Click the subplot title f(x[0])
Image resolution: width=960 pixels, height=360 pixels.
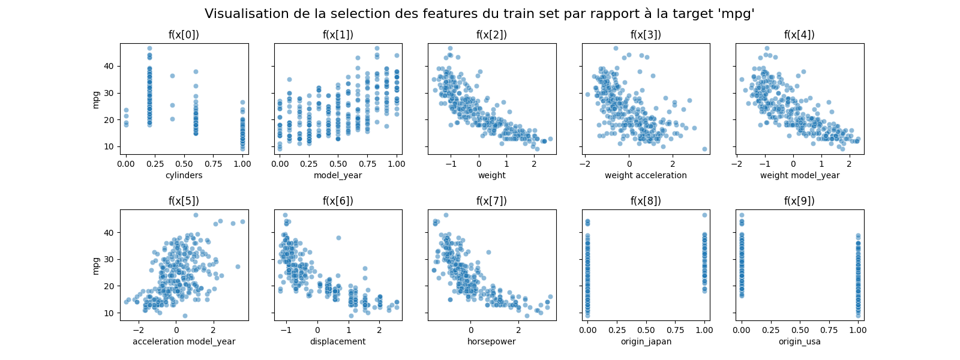184,35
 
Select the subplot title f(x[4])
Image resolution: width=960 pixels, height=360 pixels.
799,35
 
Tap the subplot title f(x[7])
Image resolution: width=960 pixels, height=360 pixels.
491,201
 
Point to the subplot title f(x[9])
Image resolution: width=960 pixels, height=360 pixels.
799,201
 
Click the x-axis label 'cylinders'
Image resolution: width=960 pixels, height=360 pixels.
184,175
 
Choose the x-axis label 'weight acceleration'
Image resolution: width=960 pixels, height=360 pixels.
646,175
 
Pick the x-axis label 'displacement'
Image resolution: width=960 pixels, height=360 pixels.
338,341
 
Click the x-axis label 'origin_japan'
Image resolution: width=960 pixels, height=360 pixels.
646,341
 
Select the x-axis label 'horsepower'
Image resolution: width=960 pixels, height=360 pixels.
491,341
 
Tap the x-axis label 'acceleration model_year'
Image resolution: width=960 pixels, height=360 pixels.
184,341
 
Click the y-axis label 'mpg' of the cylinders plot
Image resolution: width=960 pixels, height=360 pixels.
96,99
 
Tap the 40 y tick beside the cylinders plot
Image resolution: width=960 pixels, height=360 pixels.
109,66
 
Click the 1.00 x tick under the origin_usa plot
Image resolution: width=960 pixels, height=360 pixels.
858,329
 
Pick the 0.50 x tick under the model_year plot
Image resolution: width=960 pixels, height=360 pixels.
338,163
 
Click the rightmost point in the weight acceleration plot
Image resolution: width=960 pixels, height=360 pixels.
704,149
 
